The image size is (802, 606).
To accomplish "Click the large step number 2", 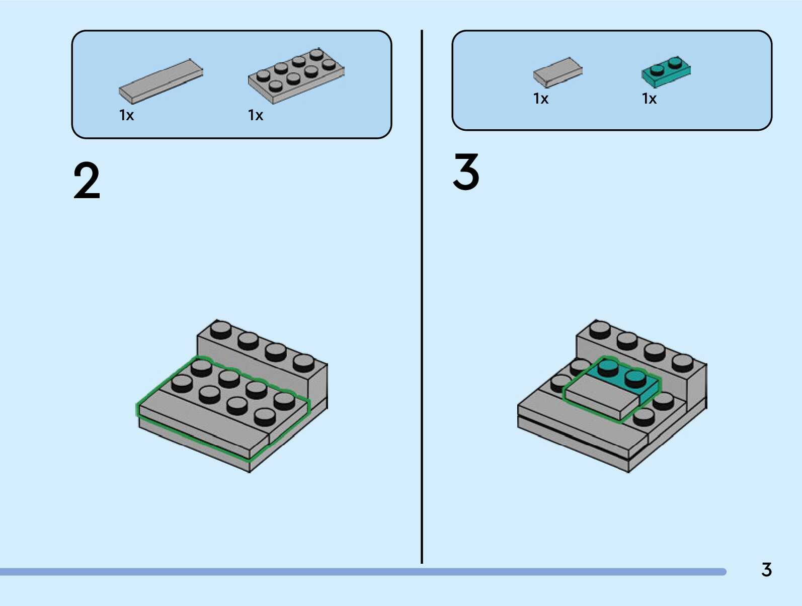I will (x=87, y=181).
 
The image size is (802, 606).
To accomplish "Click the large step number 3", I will (x=466, y=172).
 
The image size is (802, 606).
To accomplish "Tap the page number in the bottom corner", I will (x=766, y=570).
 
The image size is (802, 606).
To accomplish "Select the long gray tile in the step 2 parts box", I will (x=161, y=80).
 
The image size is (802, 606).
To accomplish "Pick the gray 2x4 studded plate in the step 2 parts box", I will (x=296, y=76).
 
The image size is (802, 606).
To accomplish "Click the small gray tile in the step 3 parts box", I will (x=557, y=71).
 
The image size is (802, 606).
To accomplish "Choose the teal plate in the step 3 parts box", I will (x=666, y=71).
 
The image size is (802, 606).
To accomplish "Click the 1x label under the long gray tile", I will (x=126, y=116).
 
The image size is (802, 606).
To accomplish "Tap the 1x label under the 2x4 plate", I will (x=256, y=116).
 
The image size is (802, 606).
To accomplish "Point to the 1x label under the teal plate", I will (x=649, y=99).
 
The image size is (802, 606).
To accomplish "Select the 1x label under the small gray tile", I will (x=541, y=99).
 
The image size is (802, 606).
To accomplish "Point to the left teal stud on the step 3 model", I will (x=608, y=368).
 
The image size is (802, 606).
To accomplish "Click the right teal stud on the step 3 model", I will (x=635, y=377).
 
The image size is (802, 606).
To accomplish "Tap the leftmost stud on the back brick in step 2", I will (x=220, y=330).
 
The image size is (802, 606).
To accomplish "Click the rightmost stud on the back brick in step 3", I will (x=682, y=362).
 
